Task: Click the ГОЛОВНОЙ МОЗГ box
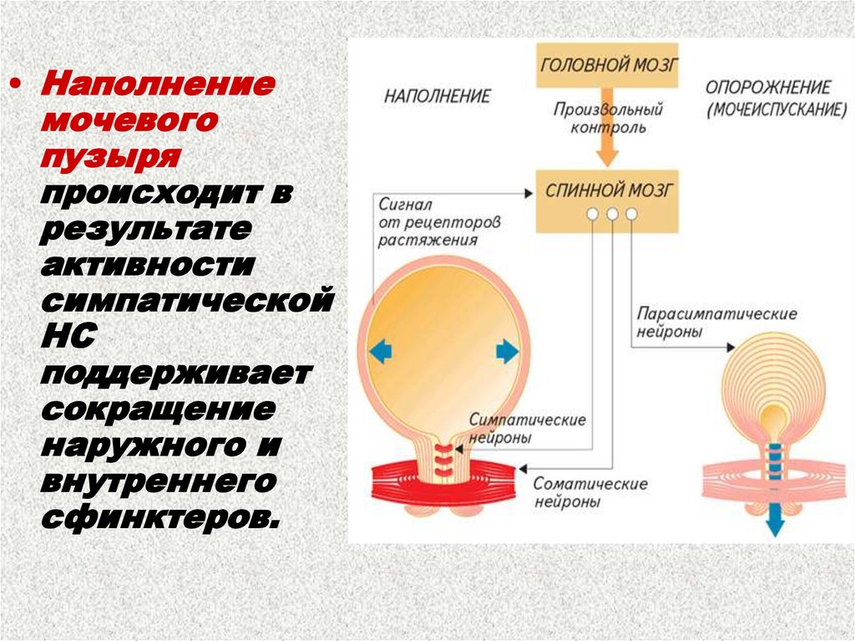(608, 64)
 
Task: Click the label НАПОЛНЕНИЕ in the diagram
(438, 95)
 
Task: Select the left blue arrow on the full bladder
(380, 352)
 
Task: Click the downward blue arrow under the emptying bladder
(775, 523)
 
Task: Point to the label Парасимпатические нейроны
(717, 322)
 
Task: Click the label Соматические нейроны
(590, 493)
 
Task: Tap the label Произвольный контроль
(608, 119)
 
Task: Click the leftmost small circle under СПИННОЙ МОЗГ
(593, 215)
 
